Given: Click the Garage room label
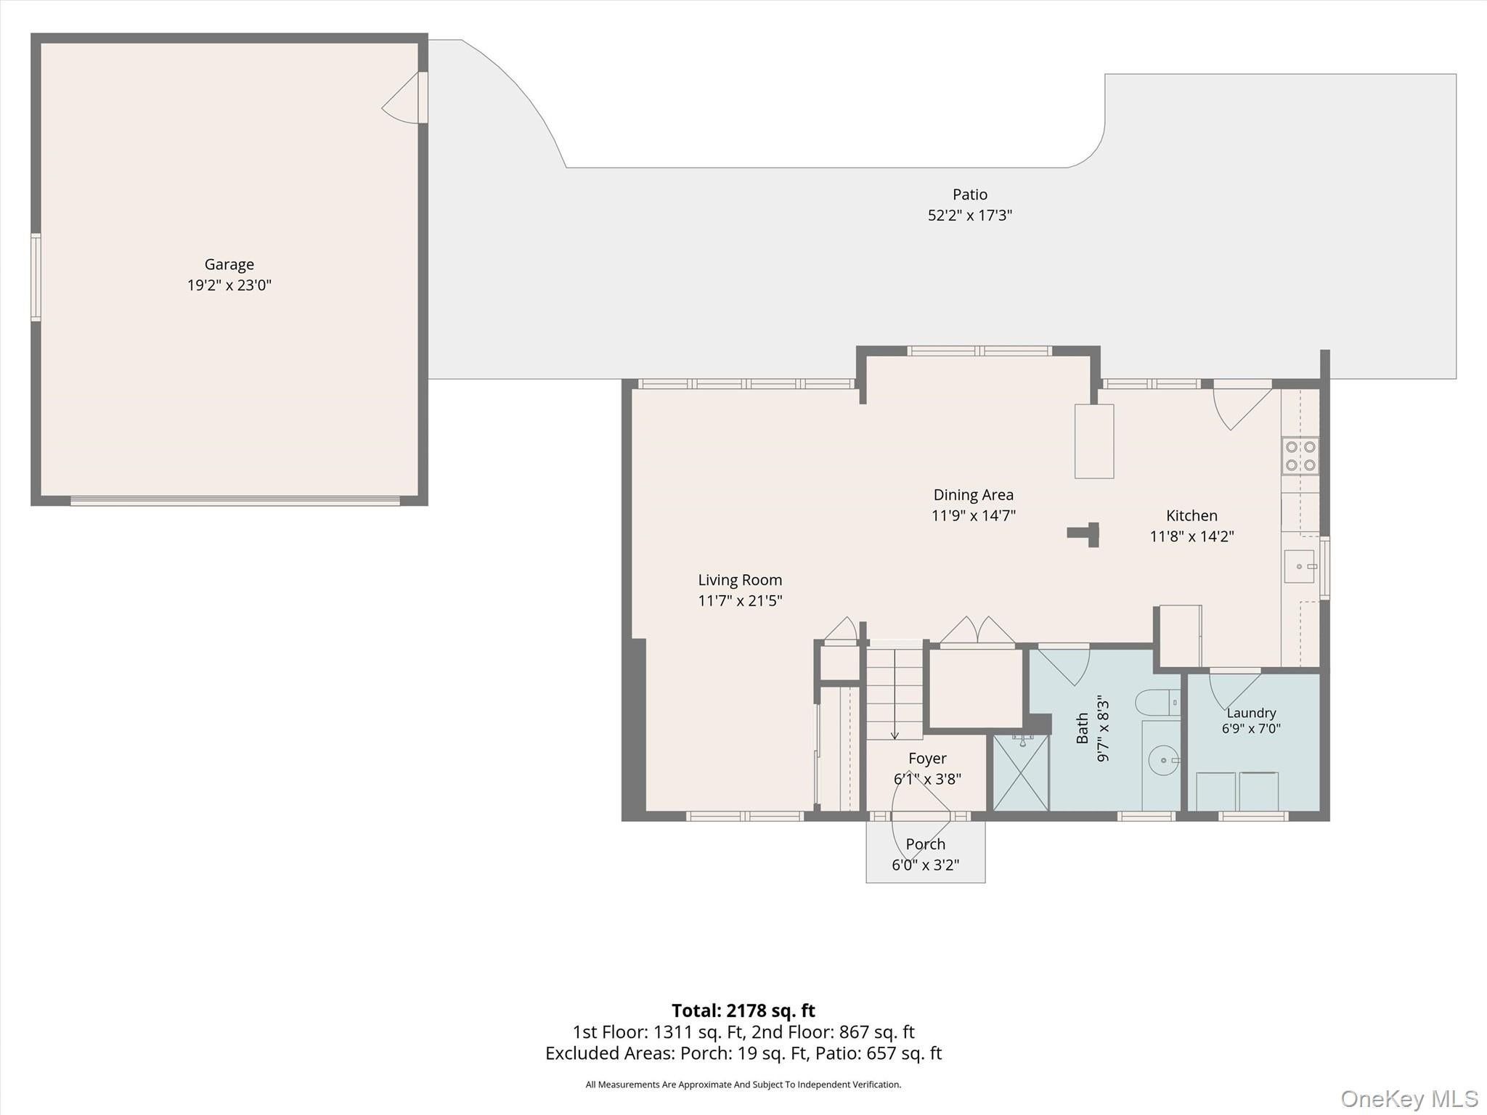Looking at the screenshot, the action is (229, 264).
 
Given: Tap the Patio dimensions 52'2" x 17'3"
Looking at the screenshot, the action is (970, 216).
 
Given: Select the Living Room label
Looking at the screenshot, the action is (740, 580).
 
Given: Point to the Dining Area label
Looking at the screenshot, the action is (974, 495).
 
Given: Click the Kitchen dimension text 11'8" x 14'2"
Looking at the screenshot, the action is (1192, 536).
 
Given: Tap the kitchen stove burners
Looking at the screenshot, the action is (1300, 456).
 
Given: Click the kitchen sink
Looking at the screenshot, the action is (1299, 566).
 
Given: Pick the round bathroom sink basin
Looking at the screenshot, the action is (1164, 760).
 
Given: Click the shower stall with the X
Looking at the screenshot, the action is (1021, 772).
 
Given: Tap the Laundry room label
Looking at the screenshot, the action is (1251, 713).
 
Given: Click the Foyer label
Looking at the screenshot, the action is (927, 759).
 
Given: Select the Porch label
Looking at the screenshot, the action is (926, 844).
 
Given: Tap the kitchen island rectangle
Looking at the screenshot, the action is (1094, 441).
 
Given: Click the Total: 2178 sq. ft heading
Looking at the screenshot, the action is (743, 1010).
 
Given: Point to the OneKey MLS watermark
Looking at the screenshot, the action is (1409, 1099).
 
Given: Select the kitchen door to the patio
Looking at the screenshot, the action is (1243, 405).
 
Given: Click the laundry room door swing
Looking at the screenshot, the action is (1234, 691).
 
